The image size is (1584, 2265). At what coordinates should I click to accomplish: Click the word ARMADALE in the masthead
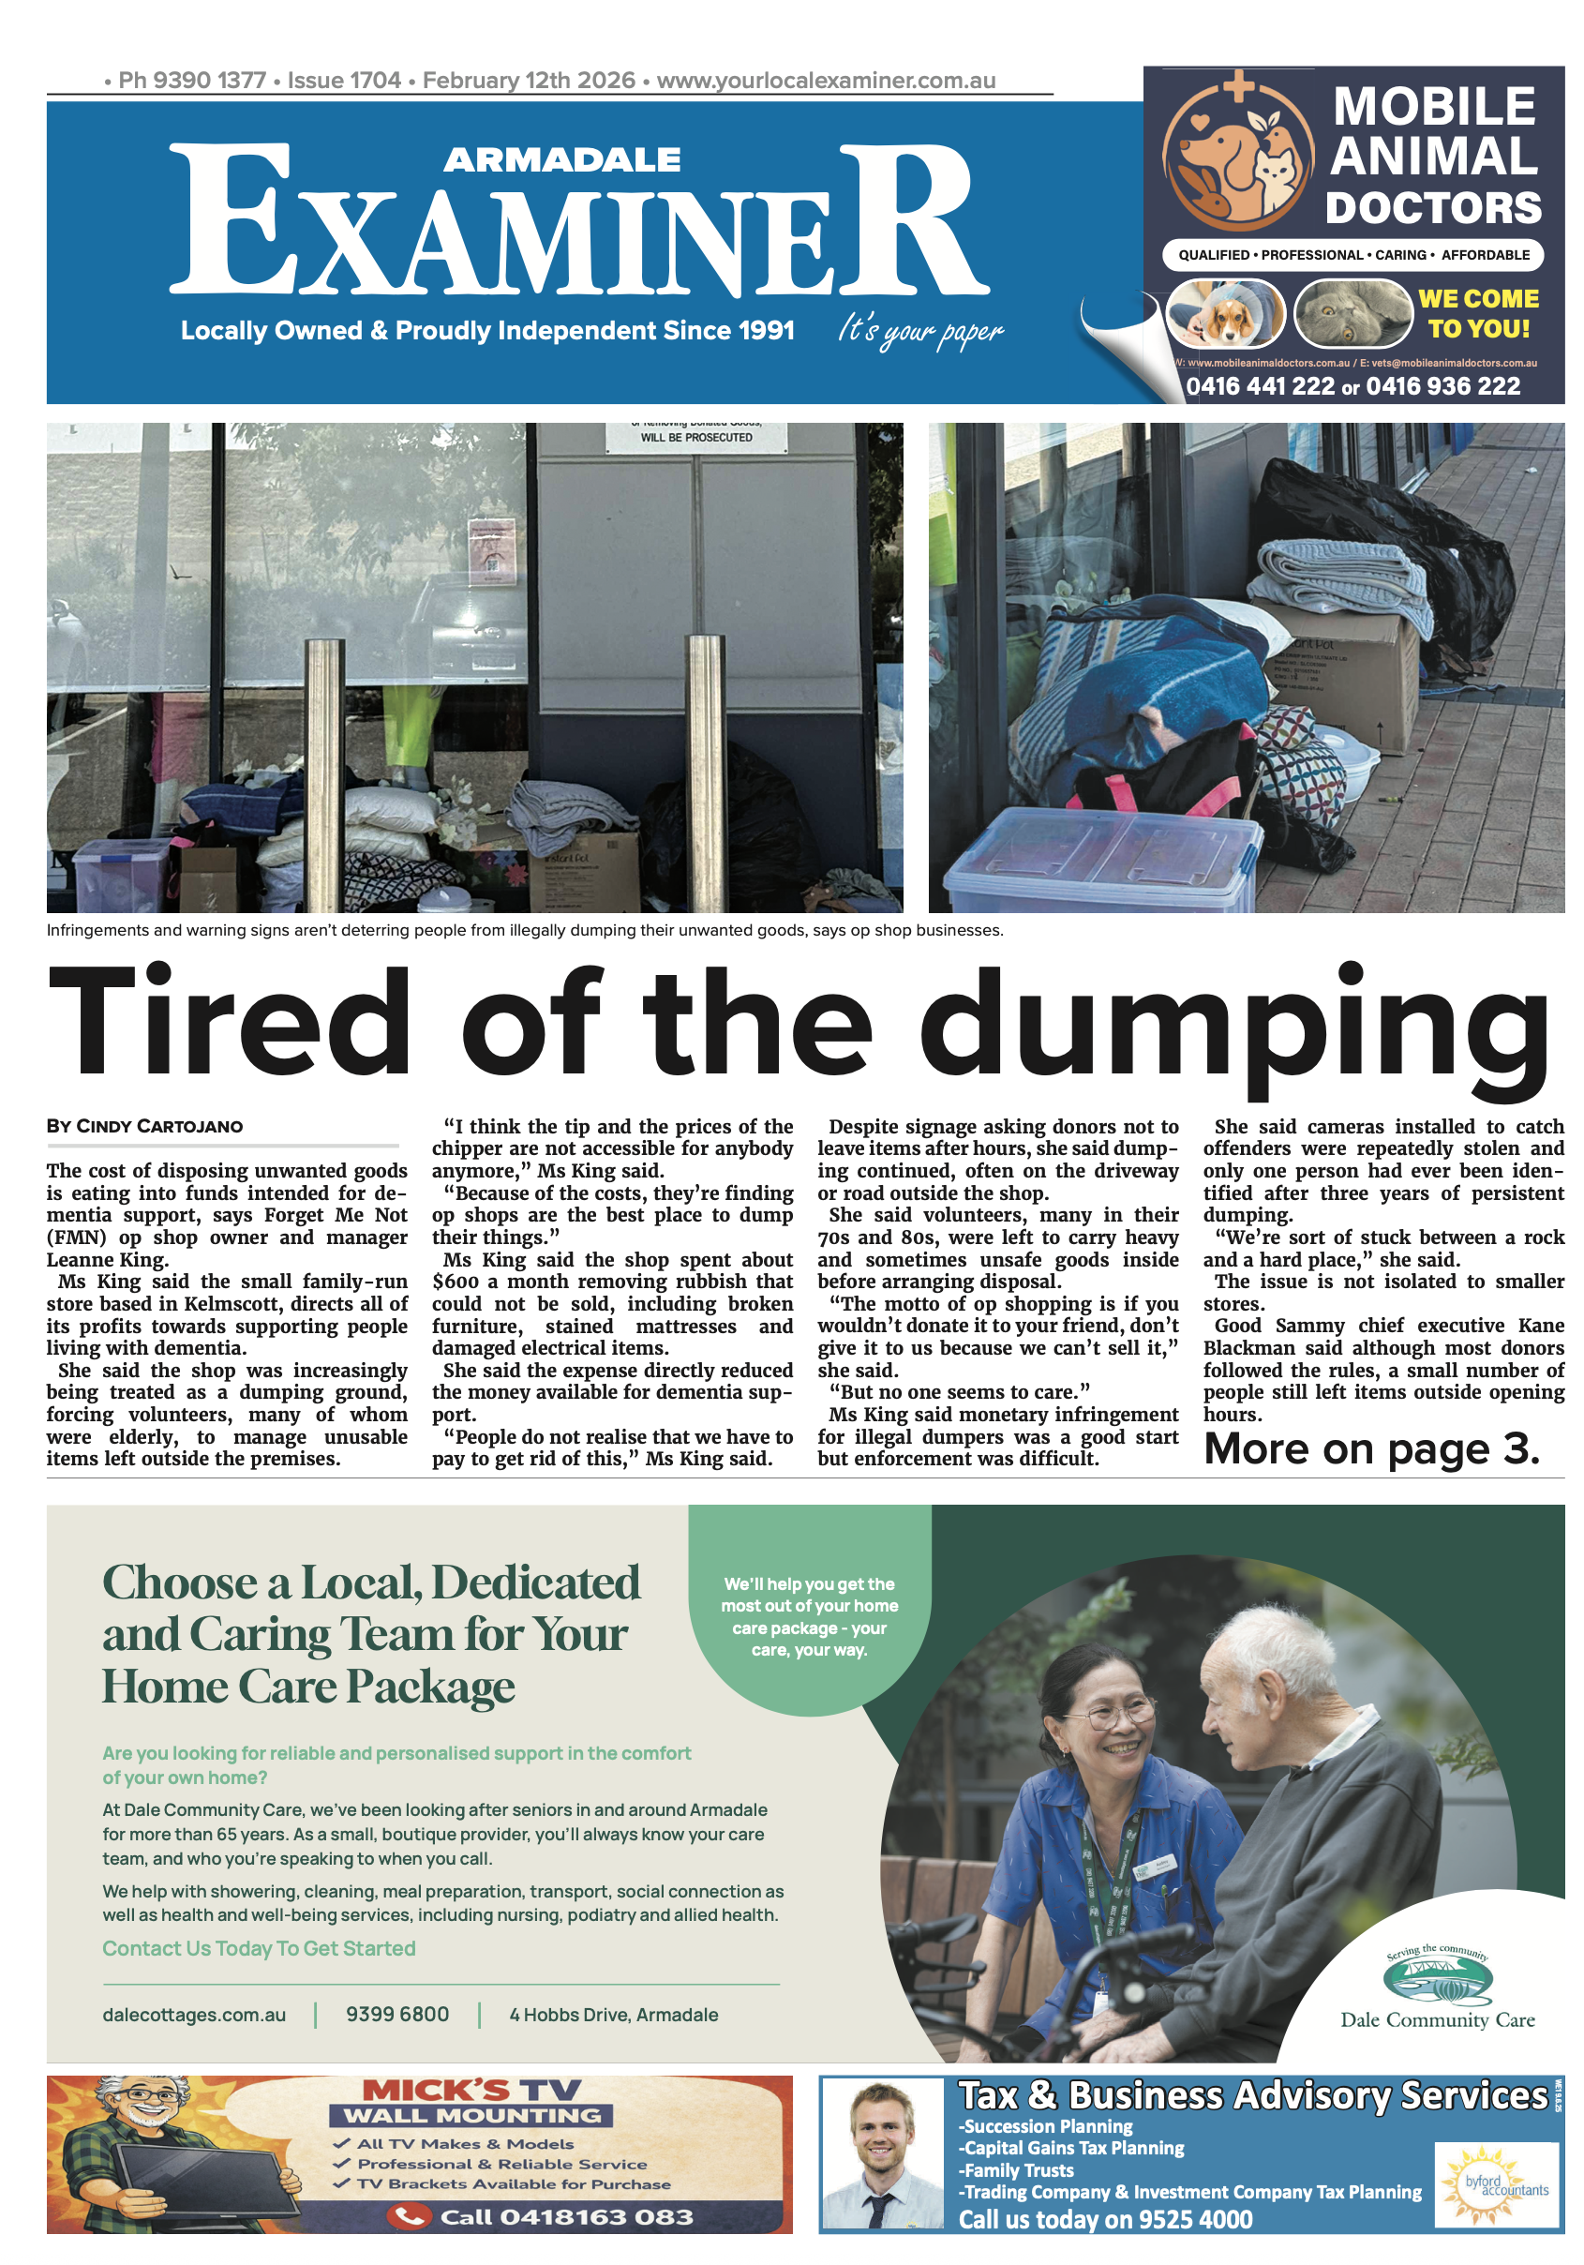(561, 159)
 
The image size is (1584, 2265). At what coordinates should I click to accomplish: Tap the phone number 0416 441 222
(1260, 385)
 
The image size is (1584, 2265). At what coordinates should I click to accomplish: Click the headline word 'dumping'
(1233, 1026)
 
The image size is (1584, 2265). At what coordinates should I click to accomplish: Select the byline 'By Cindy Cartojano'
(144, 1127)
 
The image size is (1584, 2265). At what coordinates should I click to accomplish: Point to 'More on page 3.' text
(1370, 1448)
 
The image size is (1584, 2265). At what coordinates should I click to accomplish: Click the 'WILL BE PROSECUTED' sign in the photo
(695, 437)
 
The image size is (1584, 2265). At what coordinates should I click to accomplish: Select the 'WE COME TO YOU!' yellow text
(1477, 314)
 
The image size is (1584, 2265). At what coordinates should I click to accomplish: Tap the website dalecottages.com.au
(194, 2015)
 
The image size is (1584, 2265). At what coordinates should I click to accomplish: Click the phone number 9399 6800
(396, 2014)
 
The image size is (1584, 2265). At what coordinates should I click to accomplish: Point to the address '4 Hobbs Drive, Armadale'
(614, 2015)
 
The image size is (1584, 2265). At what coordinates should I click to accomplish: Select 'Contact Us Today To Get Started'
(259, 1948)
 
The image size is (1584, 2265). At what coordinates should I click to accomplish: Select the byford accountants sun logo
(1494, 2183)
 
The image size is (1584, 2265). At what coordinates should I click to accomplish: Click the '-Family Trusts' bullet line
(1015, 2169)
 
